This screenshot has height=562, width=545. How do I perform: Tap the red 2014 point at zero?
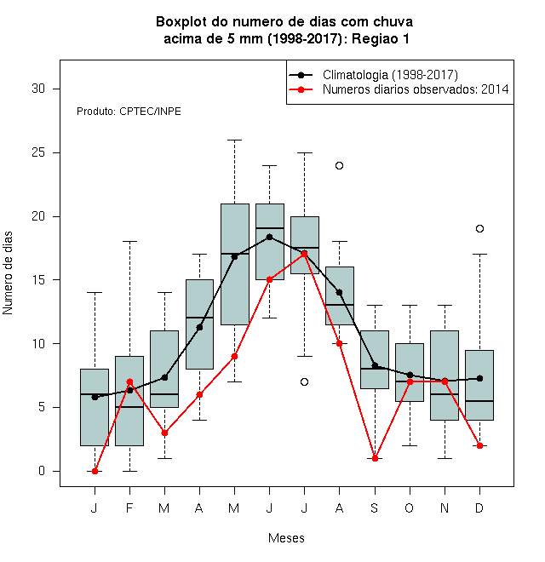click(95, 472)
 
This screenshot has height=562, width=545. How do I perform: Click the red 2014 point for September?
click(375, 458)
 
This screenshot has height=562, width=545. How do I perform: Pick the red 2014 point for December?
click(479, 446)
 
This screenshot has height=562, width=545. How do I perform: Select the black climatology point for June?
click(270, 237)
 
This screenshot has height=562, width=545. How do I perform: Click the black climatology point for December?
click(479, 378)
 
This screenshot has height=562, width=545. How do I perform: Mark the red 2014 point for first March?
click(164, 433)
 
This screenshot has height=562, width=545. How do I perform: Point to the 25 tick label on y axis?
click(38, 152)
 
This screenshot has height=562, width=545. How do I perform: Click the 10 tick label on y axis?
click(38, 344)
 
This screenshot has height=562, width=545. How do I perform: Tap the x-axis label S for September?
click(375, 508)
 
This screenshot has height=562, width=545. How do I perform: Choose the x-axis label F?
click(129, 508)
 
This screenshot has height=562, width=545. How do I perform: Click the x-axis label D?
click(479, 508)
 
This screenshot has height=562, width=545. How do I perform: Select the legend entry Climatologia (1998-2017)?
click(390, 75)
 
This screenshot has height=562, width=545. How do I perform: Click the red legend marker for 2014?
click(301, 89)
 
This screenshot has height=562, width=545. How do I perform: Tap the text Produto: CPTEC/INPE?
click(129, 112)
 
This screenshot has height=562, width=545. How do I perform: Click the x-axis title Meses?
click(286, 538)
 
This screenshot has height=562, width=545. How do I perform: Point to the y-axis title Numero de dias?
click(8, 273)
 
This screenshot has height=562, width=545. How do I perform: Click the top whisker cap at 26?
click(234, 140)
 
